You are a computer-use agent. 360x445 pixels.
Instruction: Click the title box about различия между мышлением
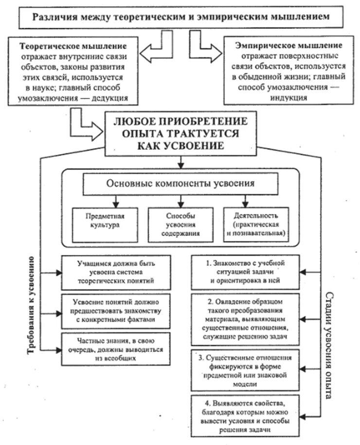tap(180, 17)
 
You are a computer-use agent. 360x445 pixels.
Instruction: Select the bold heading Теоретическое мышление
tap(73, 46)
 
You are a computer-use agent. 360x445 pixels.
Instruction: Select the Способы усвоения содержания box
tap(180, 222)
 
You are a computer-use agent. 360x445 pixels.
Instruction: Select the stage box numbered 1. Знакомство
tap(244, 271)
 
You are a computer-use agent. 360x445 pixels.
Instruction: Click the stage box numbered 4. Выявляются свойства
tap(244, 415)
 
